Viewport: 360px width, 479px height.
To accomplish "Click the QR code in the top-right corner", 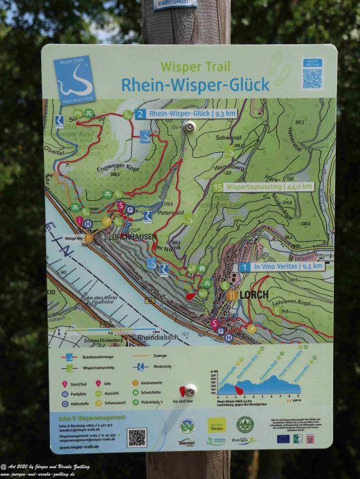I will (312, 77).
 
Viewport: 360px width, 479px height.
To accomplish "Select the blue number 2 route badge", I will (140, 114).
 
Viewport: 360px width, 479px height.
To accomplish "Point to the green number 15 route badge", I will (218, 186).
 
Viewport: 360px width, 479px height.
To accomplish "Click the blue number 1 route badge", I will (245, 266).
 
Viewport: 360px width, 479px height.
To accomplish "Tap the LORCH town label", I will (254, 294).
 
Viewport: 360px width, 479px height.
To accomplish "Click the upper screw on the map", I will (190, 127).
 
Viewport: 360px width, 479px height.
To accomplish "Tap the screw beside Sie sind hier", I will (190, 390).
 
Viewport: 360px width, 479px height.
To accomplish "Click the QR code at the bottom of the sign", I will (137, 437).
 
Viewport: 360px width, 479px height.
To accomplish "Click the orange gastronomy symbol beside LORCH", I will (232, 295).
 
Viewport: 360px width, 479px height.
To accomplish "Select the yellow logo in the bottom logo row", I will (216, 425).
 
